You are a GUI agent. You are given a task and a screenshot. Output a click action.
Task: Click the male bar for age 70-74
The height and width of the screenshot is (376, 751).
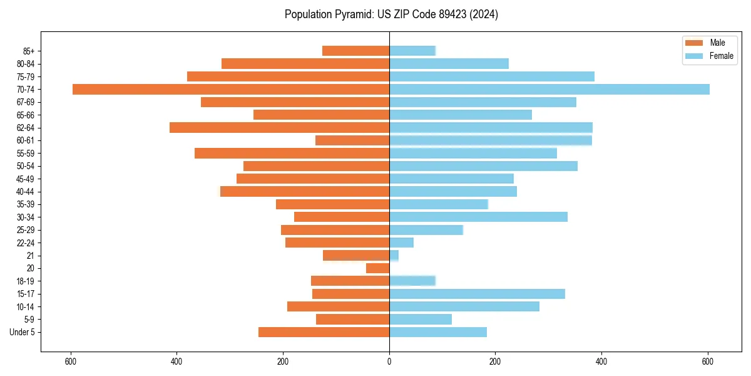click(x=231, y=89)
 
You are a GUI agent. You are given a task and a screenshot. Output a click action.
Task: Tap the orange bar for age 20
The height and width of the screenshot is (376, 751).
click(x=378, y=268)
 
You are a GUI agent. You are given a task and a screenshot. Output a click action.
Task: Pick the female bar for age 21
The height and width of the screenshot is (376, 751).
click(x=394, y=255)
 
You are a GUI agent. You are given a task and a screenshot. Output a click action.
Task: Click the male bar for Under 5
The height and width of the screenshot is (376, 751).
click(x=324, y=332)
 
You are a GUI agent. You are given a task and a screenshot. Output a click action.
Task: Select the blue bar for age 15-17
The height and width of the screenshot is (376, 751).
click(x=477, y=294)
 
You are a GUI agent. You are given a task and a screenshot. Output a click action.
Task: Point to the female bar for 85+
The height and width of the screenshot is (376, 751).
click(x=412, y=51)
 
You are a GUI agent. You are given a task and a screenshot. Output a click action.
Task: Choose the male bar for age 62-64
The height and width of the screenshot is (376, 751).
click(x=279, y=128)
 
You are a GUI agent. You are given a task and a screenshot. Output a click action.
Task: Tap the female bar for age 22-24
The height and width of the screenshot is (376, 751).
click(x=401, y=243)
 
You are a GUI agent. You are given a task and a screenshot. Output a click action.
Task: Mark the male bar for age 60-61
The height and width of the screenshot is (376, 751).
click(x=352, y=140)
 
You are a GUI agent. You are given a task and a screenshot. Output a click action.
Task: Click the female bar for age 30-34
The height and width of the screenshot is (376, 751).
click(x=478, y=217)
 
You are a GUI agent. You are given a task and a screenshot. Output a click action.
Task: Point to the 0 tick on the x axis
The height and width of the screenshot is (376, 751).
click(x=389, y=361)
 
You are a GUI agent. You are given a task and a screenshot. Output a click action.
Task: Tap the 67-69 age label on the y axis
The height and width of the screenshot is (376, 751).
click(x=26, y=102)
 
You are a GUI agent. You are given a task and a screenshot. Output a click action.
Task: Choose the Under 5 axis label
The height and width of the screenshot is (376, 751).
click(x=23, y=332)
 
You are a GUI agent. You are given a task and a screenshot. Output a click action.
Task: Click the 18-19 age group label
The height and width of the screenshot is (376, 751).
click(x=26, y=281)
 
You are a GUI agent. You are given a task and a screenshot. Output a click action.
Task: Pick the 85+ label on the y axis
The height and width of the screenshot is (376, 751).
click(x=29, y=51)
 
